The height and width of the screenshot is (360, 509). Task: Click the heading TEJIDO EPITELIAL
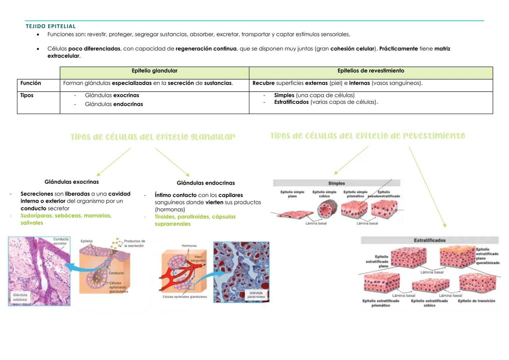pos(51,26)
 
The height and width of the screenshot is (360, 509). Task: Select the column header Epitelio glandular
pos(154,71)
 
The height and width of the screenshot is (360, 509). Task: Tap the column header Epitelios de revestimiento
pos(371,71)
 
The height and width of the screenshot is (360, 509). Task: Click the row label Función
pos(31,83)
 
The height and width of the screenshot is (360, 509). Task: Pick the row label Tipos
pos(27,95)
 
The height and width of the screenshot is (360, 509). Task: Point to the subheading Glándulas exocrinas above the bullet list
pos(72,182)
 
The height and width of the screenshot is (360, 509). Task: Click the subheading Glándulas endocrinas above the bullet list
pos(206,183)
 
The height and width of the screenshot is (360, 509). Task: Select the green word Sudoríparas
pos(36,216)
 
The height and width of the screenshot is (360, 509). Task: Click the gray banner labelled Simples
pos(336,183)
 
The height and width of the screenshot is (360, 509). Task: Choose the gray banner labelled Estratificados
pos(429,240)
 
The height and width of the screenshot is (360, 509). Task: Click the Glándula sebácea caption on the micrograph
pos(20,297)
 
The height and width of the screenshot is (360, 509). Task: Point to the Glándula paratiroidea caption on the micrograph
pos(256,295)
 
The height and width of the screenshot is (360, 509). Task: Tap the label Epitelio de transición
pos(476,301)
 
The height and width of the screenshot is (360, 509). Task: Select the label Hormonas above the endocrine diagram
pos(189,246)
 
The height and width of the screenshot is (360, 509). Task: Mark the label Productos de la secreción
pos(134,243)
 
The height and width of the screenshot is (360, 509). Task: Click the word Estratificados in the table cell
pos(291,102)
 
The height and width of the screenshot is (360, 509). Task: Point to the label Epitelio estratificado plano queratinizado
pos(487,256)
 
